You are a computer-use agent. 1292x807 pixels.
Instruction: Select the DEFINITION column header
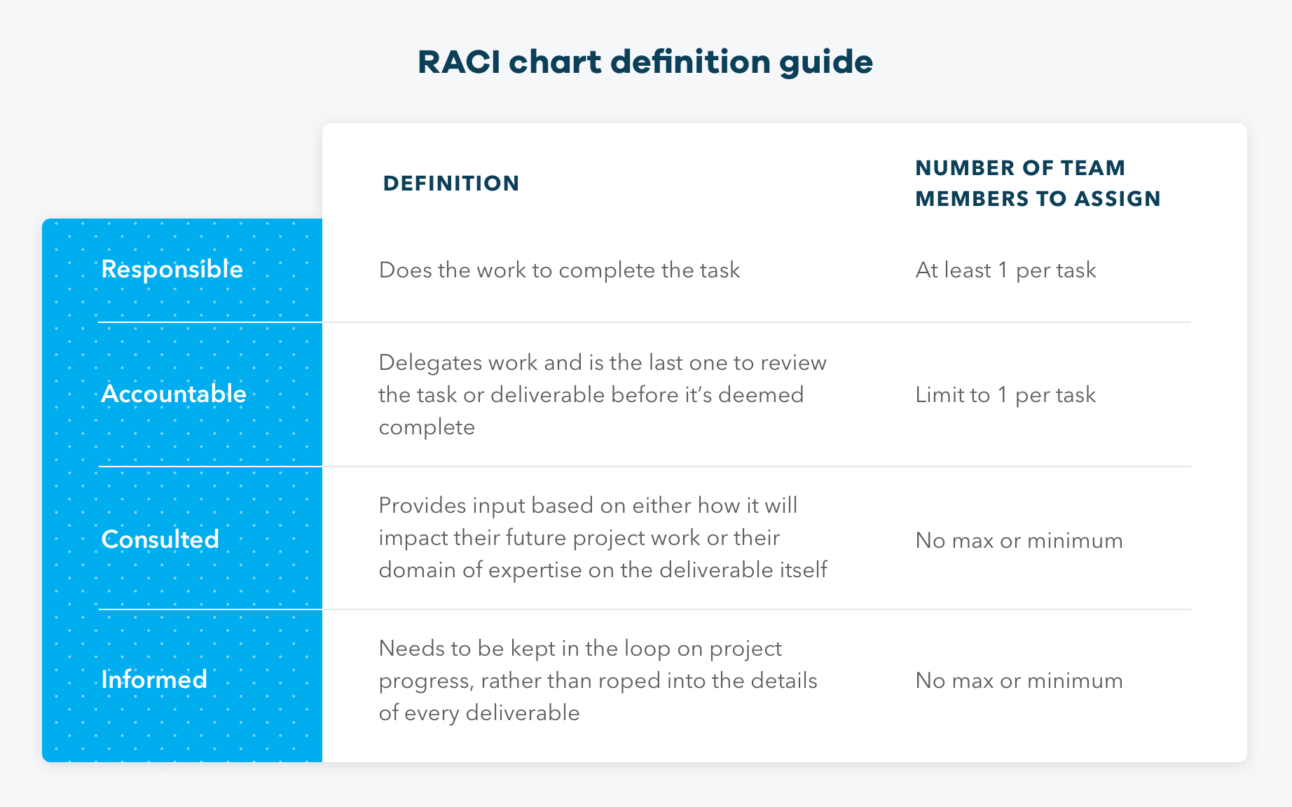(451, 184)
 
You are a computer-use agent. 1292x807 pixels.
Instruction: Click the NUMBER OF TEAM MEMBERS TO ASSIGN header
(1037, 184)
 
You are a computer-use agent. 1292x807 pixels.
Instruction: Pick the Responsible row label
(172, 270)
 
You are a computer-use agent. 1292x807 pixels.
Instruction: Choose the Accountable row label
(174, 394)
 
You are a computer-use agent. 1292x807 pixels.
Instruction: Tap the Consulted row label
(160, 539)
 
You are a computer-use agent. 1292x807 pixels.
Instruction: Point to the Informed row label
(153, 680)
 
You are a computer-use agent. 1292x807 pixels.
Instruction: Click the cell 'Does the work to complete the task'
(559, 270)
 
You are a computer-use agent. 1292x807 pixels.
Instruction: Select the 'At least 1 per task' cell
(1005, 270)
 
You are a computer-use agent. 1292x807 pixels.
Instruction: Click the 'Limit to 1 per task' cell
(1005, 395)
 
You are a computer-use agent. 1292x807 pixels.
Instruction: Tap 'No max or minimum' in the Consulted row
(1019, 541)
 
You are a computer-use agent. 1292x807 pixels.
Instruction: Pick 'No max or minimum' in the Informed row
(1019, 681)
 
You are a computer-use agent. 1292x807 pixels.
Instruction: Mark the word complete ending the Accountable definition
(427, 427)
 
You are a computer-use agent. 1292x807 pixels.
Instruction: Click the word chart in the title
(555, 62)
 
